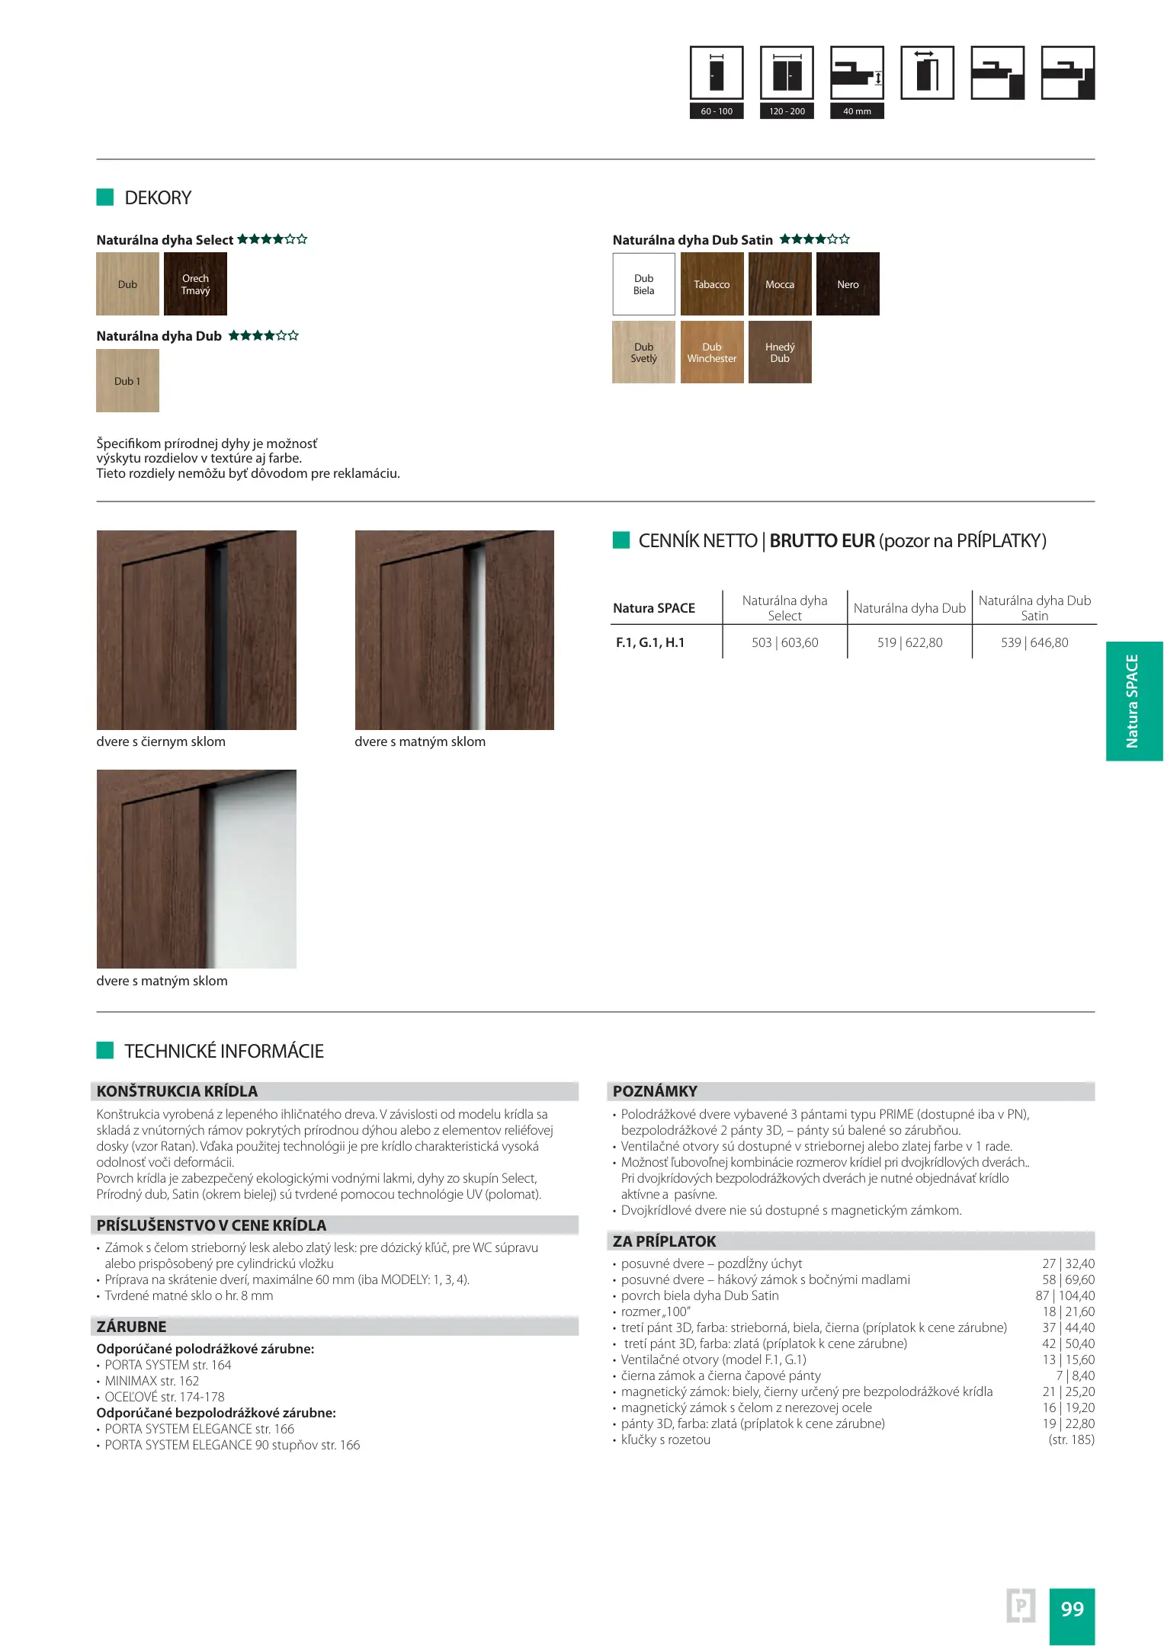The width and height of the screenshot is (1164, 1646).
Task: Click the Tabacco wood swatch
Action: pos(711,284)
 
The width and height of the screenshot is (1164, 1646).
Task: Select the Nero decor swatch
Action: pos(848,284)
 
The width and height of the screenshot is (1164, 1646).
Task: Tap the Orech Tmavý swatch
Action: pos(195,284)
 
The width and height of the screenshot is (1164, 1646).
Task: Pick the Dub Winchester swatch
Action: pos(711,352)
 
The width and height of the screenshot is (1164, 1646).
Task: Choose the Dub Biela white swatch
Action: pos(644,284)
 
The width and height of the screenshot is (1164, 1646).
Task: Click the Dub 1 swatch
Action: pos(127,381)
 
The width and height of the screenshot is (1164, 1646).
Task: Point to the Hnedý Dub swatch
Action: pos(780,352)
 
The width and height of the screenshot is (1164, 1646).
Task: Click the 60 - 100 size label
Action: pos(717,111)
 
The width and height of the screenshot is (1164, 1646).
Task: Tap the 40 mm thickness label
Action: pos(857,111)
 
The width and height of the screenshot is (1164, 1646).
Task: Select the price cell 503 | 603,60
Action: pos(784,642)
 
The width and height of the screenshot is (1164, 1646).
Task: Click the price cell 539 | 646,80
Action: pos(1034,642)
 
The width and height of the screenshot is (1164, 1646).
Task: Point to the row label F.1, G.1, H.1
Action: pos(650,642)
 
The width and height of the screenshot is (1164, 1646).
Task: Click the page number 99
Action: pos(1072,1609)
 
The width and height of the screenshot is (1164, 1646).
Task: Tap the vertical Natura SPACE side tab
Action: pos(1133,701)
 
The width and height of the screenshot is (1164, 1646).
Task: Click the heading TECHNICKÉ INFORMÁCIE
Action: pos(224,1052)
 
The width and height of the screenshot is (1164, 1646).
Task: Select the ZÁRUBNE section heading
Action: pos(132,1327)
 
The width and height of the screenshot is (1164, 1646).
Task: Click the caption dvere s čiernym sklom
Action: pos(161,741)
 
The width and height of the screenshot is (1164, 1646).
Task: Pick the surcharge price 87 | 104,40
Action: pos(1065,1295)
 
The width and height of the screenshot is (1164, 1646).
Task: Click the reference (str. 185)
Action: pos(1071,1439)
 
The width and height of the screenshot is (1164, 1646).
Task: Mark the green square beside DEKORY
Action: pos(105,197)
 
